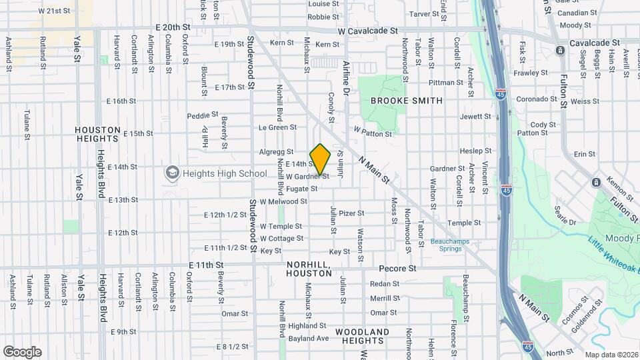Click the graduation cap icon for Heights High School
click(173, 173)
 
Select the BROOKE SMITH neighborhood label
click(406, 101)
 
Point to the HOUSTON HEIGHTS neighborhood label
click(97, 134)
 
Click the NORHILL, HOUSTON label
click(309, 269)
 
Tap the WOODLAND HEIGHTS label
click(362, 336)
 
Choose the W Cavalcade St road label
click(367, 31)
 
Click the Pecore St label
click(397, 269)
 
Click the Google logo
click(22, 351)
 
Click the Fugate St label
click(302, 189)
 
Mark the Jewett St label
click(475, 116)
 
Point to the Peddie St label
click(203, 115)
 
